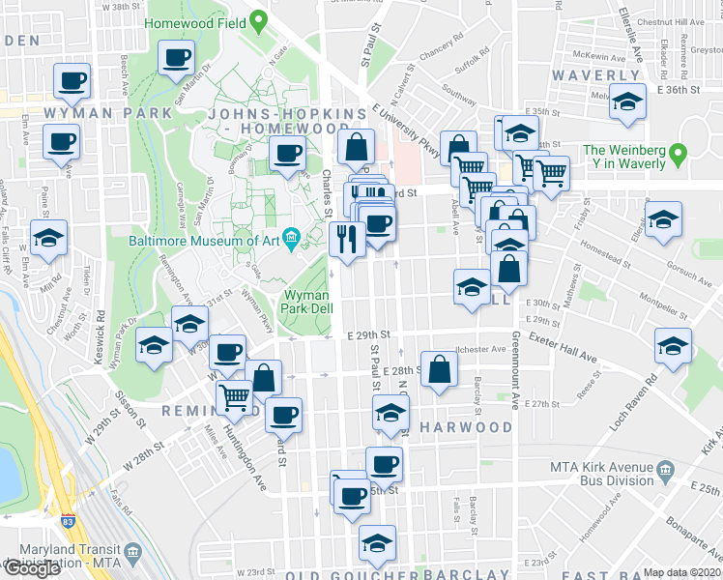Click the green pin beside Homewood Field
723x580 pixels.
257,19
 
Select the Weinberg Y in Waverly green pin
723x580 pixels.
678,153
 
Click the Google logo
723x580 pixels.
32,568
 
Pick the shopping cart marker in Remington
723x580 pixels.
235,396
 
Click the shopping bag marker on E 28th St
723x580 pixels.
440,369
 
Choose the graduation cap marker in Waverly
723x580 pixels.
628,102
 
